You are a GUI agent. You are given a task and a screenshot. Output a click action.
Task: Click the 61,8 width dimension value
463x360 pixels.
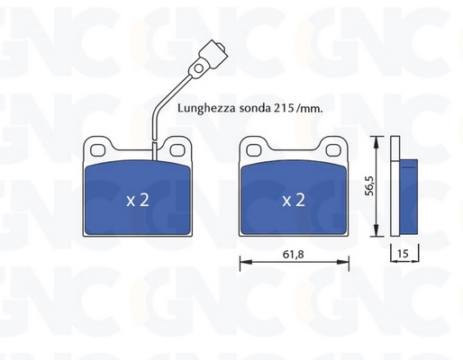tap(293, 255)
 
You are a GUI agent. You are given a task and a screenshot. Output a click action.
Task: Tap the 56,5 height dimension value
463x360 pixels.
tap(369, 186)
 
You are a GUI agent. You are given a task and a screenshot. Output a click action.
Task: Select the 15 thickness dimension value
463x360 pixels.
tap(403, 254)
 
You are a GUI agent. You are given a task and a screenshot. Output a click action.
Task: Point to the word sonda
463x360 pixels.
tap(255, 108)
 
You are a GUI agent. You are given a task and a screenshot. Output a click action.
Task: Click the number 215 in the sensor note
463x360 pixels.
tap(283, 108)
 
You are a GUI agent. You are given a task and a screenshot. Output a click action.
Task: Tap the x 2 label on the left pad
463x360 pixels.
tap(138, 200)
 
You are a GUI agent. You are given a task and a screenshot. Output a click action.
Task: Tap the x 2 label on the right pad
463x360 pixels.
tap(294, 200)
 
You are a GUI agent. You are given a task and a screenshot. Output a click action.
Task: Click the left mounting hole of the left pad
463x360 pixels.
tap(97, 150)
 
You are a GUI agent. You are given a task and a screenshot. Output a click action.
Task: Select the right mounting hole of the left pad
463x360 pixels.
tap(177, 150)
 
